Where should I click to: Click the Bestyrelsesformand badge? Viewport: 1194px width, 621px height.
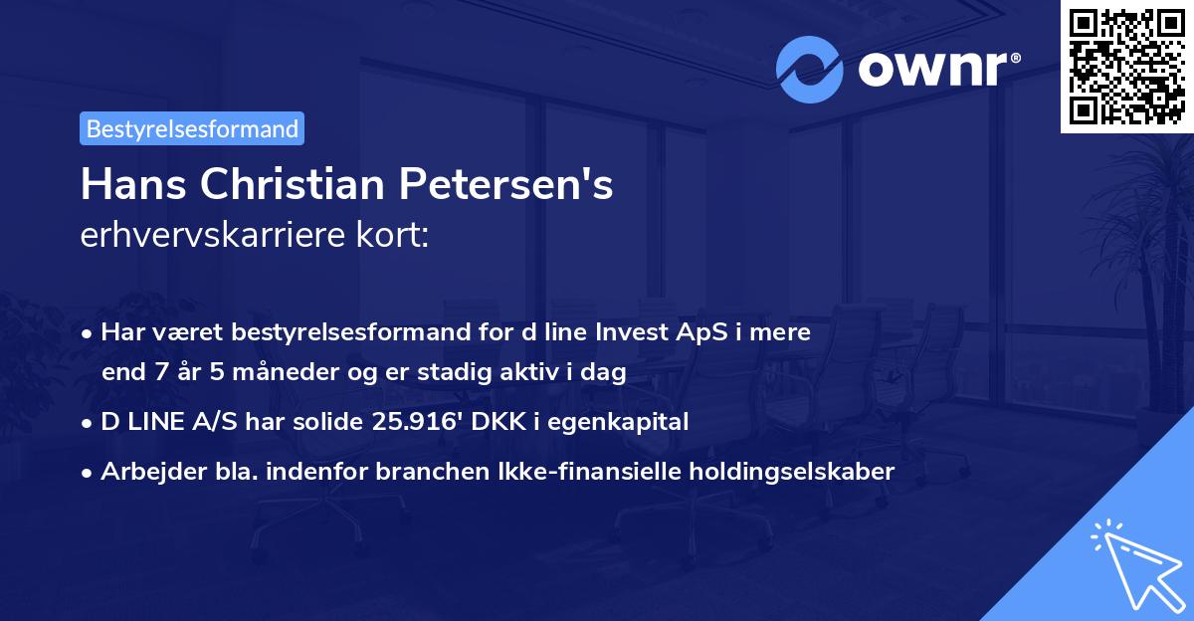(x=192, y=128)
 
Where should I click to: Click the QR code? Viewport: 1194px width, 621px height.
(x=1126, y=66)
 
